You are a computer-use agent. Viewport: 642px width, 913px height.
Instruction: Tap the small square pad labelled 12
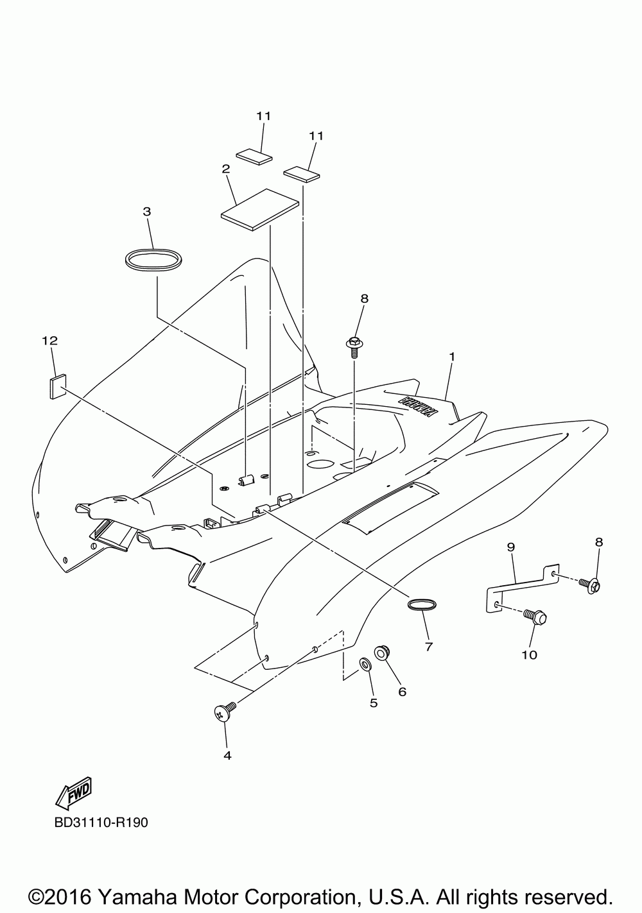tap(57, 387)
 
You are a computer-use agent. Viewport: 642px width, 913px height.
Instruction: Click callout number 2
tap(226, 169)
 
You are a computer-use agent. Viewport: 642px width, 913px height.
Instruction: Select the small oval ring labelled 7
tap(422, 604)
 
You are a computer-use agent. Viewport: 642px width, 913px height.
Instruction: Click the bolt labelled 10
tap(535, 617)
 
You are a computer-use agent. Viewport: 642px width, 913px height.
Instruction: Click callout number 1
tap(452, 356)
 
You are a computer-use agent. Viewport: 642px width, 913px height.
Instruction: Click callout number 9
tap(511, 547)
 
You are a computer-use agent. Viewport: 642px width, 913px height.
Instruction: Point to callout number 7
tap(428, 647)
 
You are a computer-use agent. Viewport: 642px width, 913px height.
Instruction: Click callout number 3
tap(147, 211)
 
